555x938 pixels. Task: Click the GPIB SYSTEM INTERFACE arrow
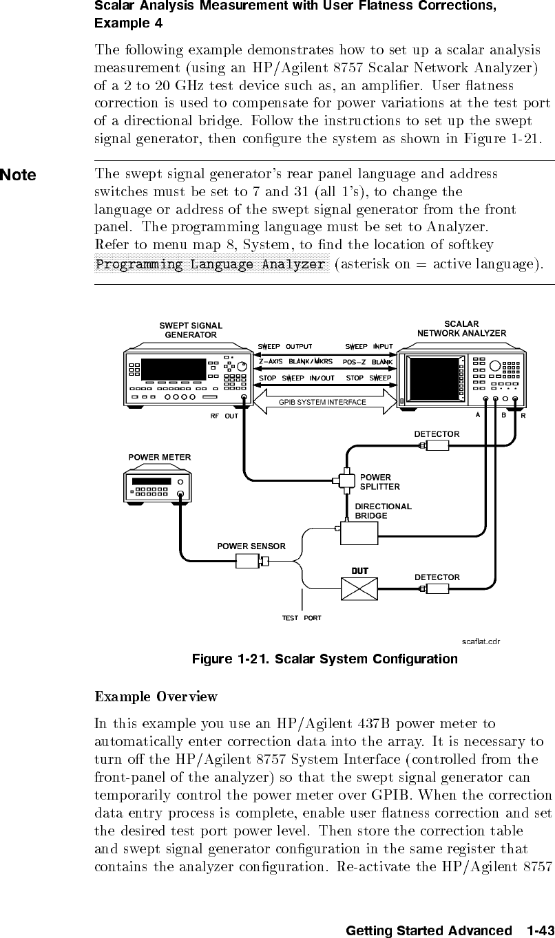tap(322, 402)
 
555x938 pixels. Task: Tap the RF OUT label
tap(224, 416)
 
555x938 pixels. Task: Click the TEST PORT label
tap(301, 617)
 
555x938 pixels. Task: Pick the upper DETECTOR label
tap(437, 434)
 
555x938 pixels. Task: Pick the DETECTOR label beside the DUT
tap(437, 577)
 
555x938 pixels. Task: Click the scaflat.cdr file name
tap(480, 641)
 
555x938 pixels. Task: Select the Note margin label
tap(18, 175)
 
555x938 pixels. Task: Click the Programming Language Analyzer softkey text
tap(211, 264)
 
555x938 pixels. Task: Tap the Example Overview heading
tap(156, 696)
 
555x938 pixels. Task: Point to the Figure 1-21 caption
tap(324, 659)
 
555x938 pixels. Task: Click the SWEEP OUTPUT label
tap(284, 346)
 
